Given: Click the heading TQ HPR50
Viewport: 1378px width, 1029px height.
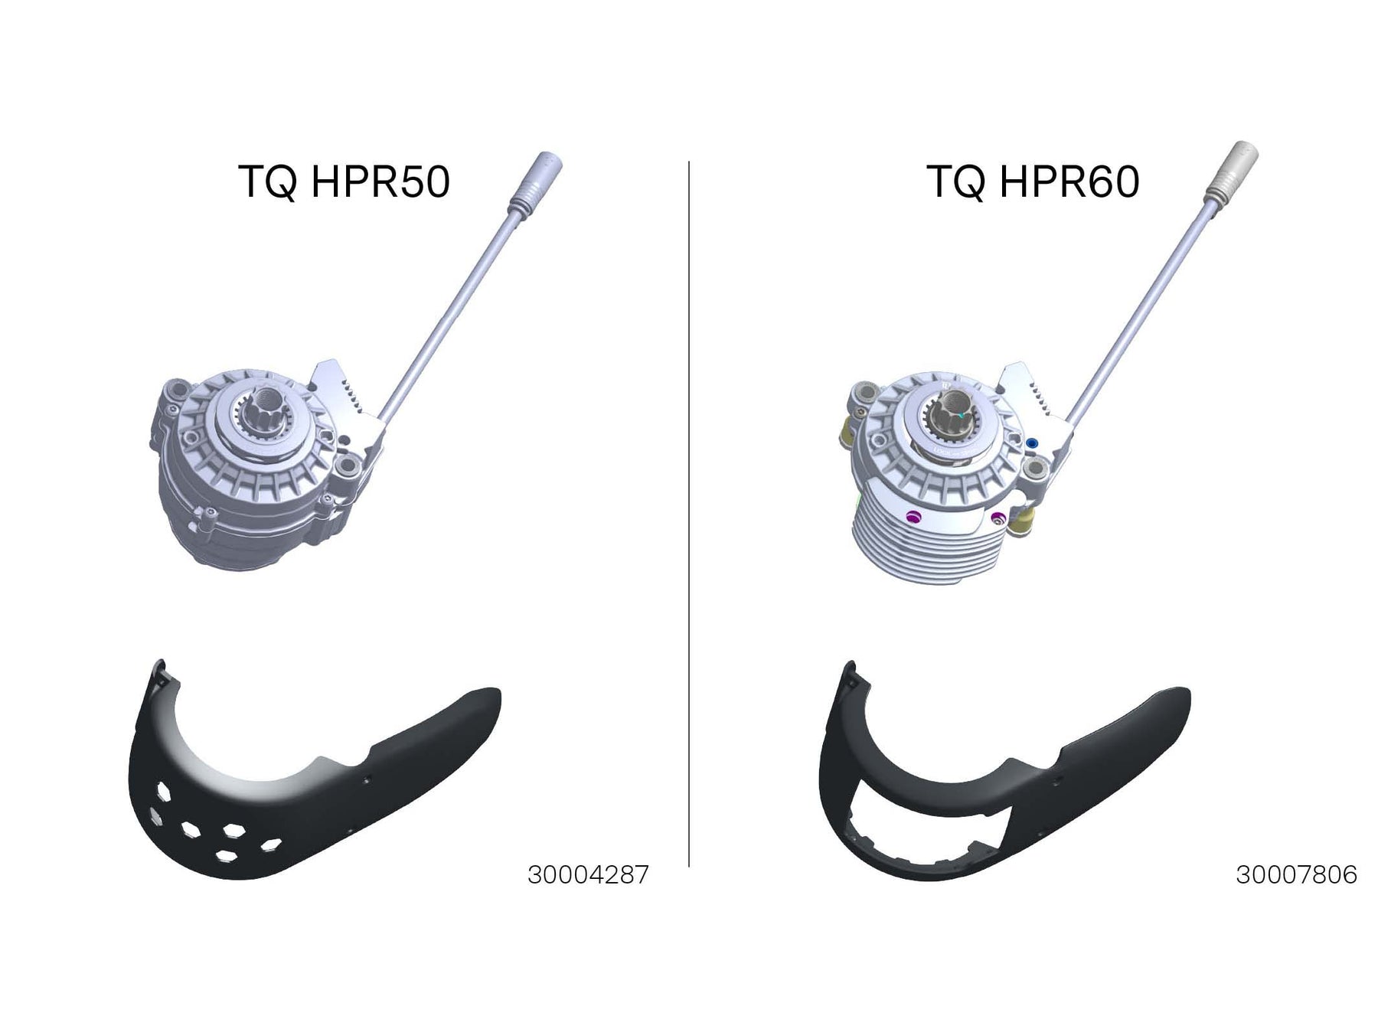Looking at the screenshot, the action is pyautogui.click(x=344, y=182).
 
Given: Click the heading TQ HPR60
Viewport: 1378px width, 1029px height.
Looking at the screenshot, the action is pyautogui.click(x=1033, y=182).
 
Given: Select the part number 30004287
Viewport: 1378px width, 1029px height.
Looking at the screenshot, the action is pyautogui.click(x=588, y=874).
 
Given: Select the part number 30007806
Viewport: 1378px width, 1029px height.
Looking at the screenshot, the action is pyautogui.click(x=1296, y=874).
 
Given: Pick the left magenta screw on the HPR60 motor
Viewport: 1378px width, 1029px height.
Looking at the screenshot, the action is pyautogui.click(x=911, y=517).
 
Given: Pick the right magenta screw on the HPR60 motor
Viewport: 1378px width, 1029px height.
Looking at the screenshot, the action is pyautogui.click(x=997, y=519).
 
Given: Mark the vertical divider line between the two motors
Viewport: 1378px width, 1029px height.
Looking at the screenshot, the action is pyautogui.click(x=689, y=514).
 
